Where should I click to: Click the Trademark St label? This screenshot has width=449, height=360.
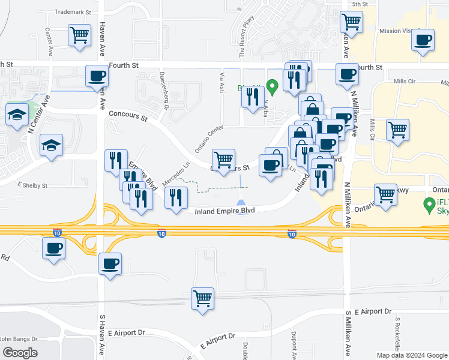(72, 12)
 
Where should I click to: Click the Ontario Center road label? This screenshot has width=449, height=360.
(209, 139)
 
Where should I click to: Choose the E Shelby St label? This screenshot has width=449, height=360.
(32, 185)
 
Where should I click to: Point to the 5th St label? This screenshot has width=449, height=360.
(360, 4)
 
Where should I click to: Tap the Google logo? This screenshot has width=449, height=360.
(20, 352)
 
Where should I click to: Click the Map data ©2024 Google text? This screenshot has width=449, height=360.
(412, 355)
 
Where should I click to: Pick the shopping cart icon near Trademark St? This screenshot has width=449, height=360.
(79, 35)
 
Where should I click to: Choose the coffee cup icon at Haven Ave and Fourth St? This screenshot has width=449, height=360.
(97, 76)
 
